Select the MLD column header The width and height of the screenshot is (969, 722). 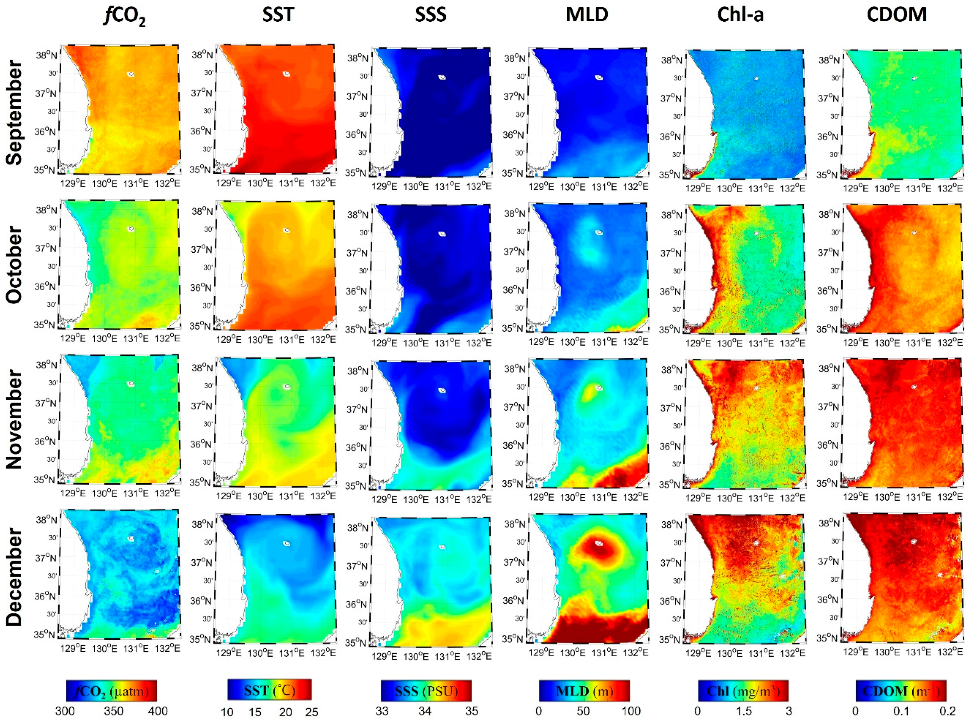tap(587, 15)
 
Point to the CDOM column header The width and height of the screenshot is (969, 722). tap(897, 15)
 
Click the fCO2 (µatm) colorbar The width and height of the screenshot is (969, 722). tap(111, 691)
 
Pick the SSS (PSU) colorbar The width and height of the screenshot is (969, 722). tap(426, 691)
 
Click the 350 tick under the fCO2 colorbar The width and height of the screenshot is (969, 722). tap(113, 711)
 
